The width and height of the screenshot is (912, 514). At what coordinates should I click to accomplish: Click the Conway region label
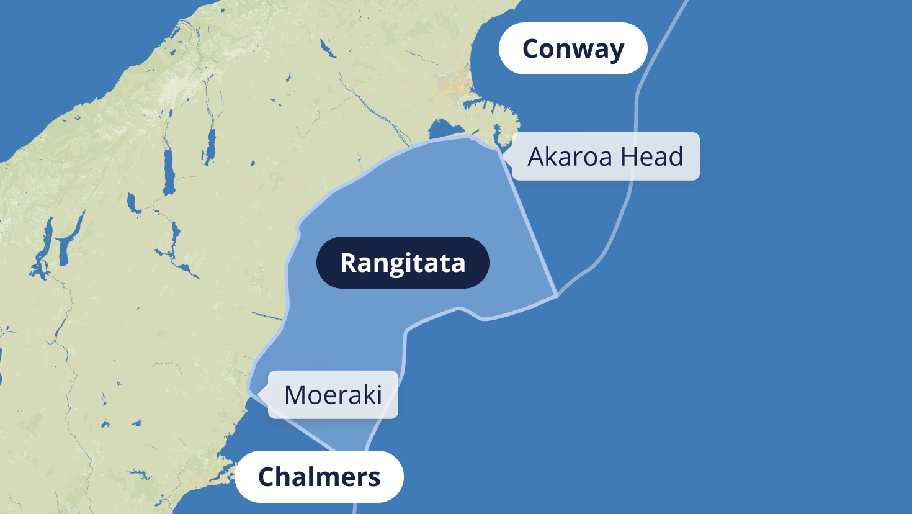573,48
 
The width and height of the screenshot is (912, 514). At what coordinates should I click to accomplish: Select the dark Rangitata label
403,263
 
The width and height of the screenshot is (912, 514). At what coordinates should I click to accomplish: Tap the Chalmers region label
319,477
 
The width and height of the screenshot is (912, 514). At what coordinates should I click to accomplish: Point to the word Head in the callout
652,156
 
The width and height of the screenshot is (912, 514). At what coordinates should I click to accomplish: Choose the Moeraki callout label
333,395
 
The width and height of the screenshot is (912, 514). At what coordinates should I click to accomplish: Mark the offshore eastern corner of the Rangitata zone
557,295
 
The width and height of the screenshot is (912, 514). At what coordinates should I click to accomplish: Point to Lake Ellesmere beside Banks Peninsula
442,129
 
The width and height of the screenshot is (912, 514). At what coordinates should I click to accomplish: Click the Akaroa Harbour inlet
497,134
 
